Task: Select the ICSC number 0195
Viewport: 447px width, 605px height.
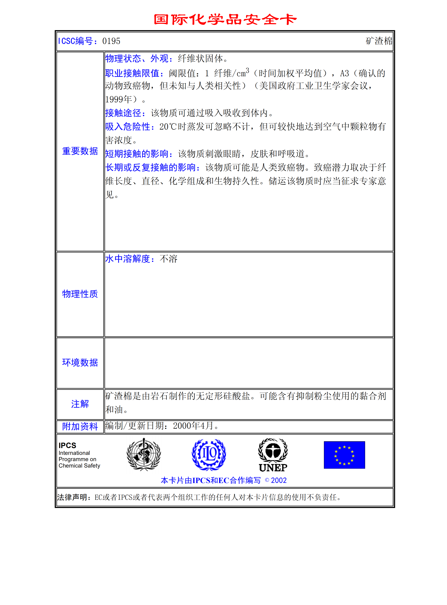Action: [x=111, y=41]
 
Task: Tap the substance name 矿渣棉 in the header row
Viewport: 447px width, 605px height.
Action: [x=379, y=41]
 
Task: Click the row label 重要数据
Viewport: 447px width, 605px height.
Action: [x=80, y=151]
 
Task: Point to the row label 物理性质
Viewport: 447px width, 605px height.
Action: [x=80, y=294]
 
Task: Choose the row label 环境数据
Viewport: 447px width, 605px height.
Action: [x=80, y=363]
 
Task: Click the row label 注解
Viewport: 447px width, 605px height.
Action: [x=80, y=404]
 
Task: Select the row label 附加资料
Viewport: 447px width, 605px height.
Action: [x=80, y=426]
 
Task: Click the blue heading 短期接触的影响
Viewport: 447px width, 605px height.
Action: [x=139, y=154]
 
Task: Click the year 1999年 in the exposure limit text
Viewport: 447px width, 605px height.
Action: [x=118, y=99]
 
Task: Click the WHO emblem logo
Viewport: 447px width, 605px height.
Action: [x=144, y=455]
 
